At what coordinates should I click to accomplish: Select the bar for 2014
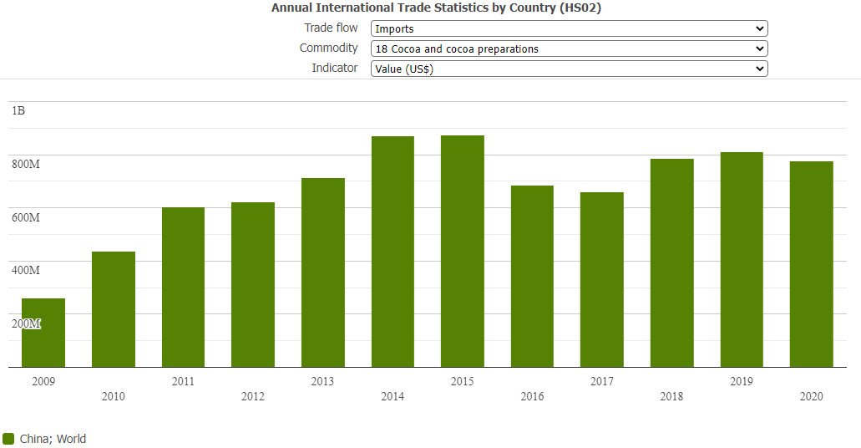click(x=393, y=252)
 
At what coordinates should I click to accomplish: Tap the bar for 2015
click(x=463, y=251)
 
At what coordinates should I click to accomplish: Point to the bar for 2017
click(x=602, y=279)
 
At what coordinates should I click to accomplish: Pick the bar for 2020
click(x=812, y=264)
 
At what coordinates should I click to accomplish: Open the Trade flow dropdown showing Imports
click(x=569, y=28)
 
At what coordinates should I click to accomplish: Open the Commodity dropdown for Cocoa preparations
click(x=569, y=48)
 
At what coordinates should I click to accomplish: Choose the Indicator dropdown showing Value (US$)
click(x=569, y=69)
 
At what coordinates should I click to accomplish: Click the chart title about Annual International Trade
click(x=436, y=8)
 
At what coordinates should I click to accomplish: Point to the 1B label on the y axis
click(x=18, y=110)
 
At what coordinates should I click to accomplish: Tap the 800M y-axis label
click(x=26, y=164)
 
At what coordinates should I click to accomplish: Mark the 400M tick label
click(x=26, y=270)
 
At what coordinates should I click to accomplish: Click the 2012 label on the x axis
click(x=253, y=396)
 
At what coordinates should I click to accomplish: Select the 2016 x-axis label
click(x=532, y=396)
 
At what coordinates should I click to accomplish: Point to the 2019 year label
click(x=742, y=381)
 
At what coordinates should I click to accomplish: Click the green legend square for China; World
click(x=9, y=439)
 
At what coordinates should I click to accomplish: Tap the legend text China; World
click(x=53, y=439)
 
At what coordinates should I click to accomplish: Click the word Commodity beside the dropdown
click(x=329, y=48)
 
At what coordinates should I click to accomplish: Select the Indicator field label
click(x=335, y=69)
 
